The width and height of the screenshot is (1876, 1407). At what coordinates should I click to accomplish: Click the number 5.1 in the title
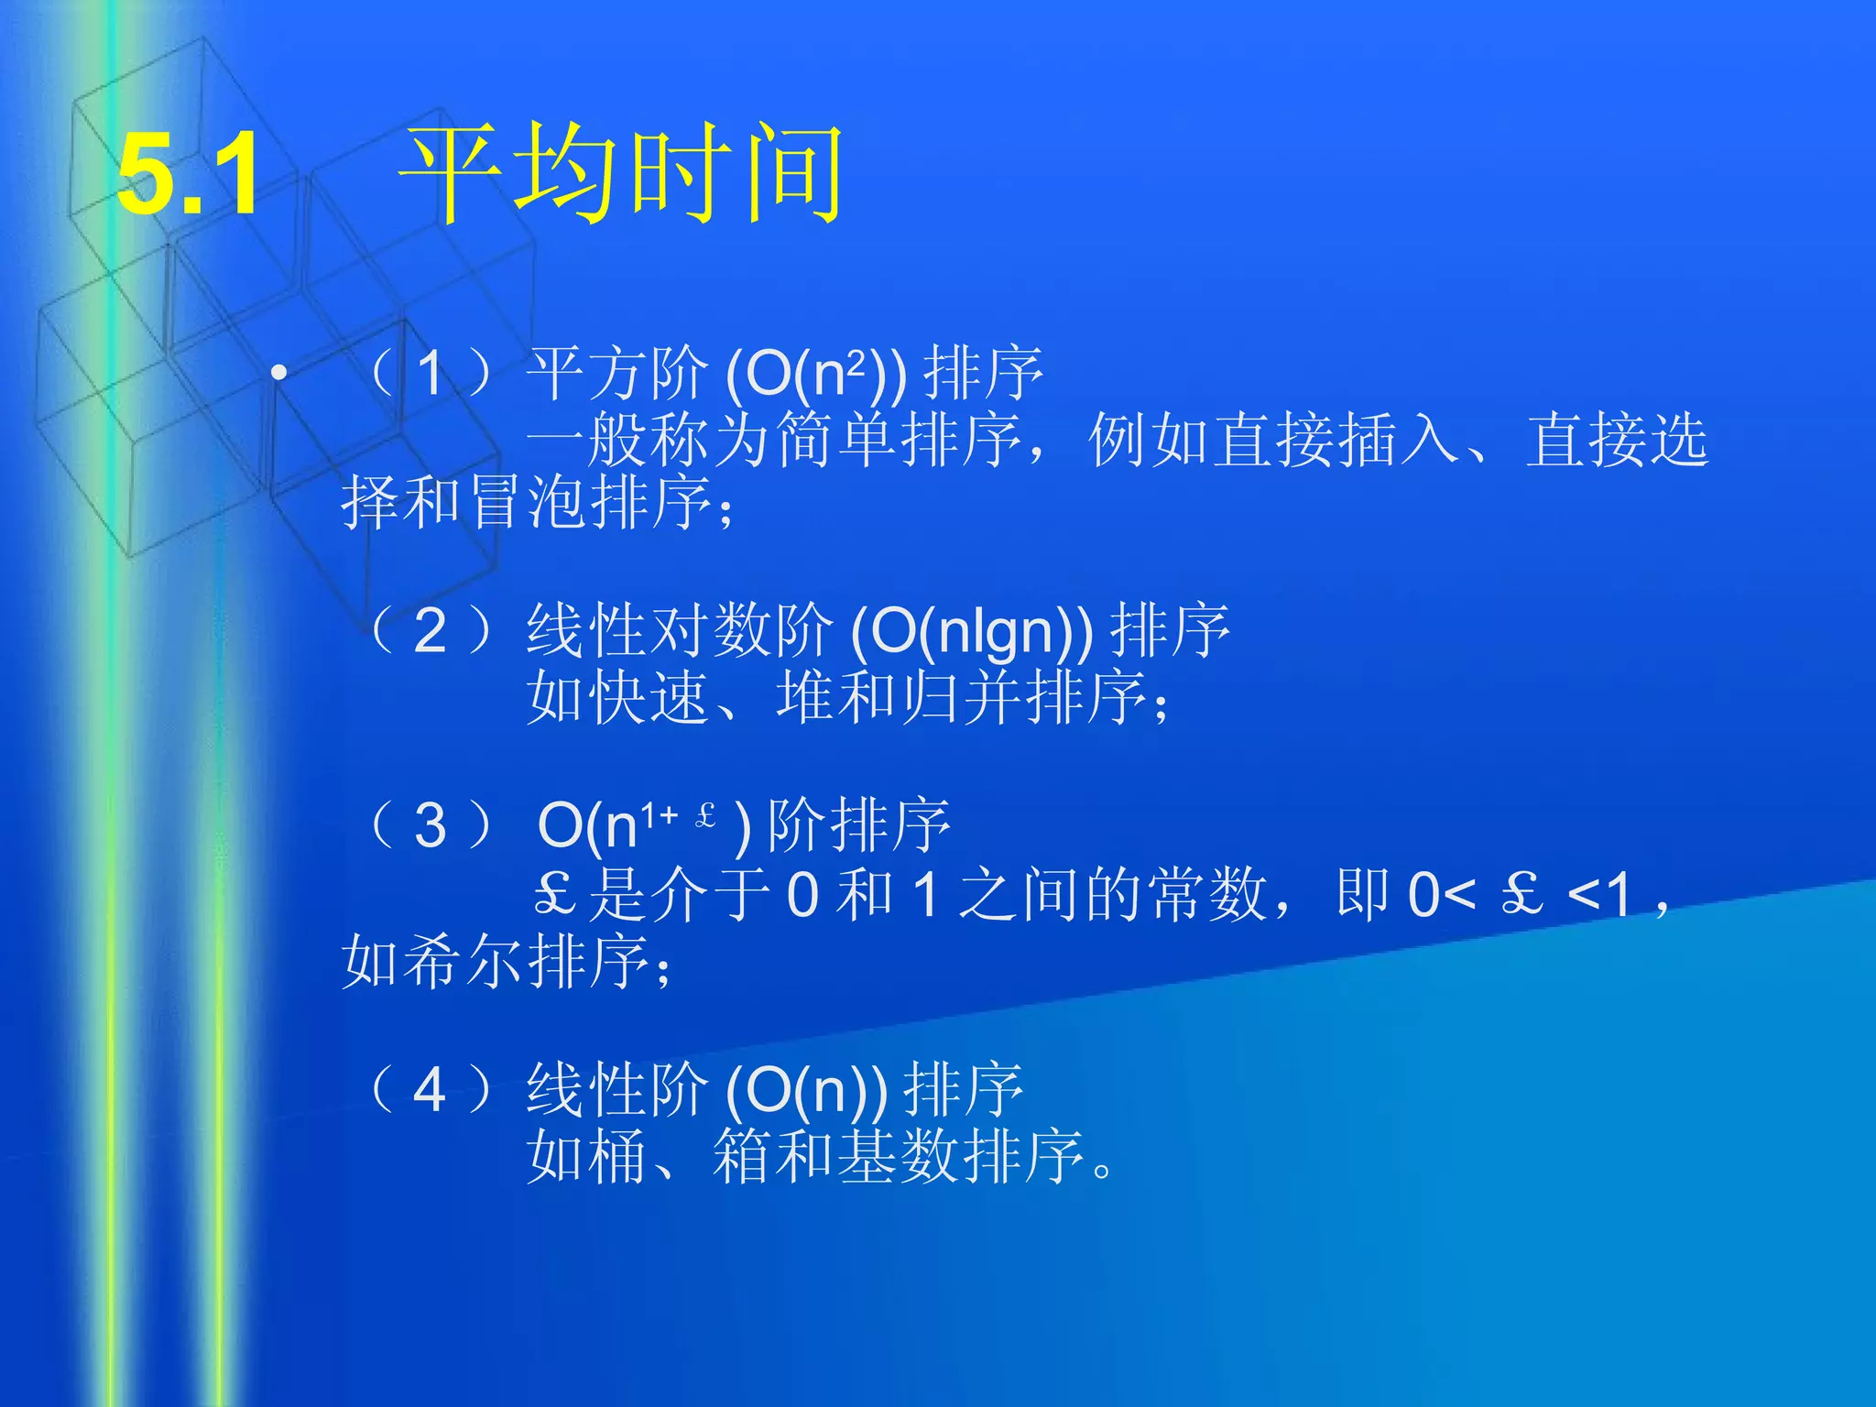coord(189,174)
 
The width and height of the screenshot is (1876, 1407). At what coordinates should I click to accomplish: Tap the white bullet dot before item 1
coord(279,372)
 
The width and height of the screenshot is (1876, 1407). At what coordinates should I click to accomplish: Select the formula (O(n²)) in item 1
coord(815,374)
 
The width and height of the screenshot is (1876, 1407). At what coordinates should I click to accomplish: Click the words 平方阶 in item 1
coord(618,374)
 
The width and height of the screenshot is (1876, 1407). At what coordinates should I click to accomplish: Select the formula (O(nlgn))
coord(972,631)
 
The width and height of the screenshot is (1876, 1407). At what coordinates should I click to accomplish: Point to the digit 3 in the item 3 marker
coord(430,825)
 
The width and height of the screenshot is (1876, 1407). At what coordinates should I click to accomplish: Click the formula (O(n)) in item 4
coord(806,1090)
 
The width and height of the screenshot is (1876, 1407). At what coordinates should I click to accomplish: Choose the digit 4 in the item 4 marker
coord(430,1090)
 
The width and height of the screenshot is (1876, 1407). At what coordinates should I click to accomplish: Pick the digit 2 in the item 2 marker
coord(430,631)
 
